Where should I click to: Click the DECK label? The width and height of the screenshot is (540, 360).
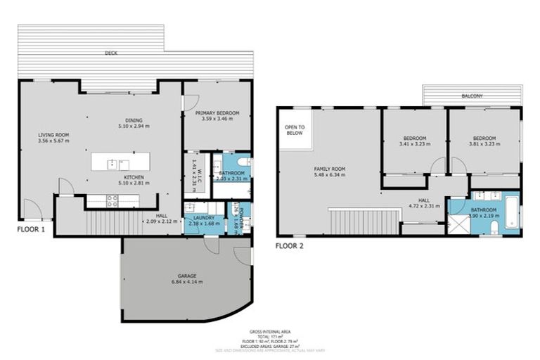pyautogui.click(x=110, y=53)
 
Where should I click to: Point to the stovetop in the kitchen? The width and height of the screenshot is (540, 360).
pyautogui.click(x=112, y=200)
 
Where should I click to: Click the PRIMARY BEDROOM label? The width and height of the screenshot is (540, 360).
pyautogui.click(x=217, y=112)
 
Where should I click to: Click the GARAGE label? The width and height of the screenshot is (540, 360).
pyautogui.click(x=186, y=276)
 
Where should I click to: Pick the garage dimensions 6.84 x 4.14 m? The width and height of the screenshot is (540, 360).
pyautogui.click(x=186, y=282)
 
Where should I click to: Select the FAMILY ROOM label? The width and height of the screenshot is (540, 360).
pyautogui.click(x=329, y=169)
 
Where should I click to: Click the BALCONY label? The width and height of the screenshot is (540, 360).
pyautogui.click(x=472, y=96)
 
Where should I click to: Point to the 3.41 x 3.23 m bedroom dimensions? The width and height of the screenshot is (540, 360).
pyautogui.click(x=413, y=144)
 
